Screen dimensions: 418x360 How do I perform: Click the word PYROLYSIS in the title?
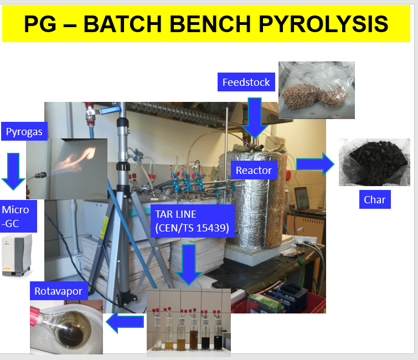(x=323, y=24)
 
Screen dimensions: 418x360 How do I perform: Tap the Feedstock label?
(x=246, y=82)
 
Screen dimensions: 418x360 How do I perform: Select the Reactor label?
(x=254, y=170)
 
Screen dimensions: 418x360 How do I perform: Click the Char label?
(x=375, y=199)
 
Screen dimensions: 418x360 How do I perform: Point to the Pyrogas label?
(x=24, y=131)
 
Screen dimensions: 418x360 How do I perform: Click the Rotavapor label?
(x=59, y=291)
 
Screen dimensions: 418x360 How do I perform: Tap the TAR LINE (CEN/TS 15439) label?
(x=192, y=221)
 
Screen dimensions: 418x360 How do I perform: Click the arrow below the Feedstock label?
(x=255, y=117)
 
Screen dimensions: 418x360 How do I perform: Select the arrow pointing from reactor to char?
(x=316, y=164)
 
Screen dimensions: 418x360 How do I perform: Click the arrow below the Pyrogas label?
(x=13, y=171)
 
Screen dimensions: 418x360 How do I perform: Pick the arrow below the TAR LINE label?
(x=189, y=265)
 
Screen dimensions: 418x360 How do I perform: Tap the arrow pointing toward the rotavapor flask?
(x=125, y=322)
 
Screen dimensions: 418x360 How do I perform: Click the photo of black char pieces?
(x=374, y=162)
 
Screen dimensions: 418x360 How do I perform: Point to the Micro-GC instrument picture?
(x=17, y=255)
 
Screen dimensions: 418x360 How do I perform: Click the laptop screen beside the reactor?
(x=302, y=198)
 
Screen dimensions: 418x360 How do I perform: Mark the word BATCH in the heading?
(x=122, y=24)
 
